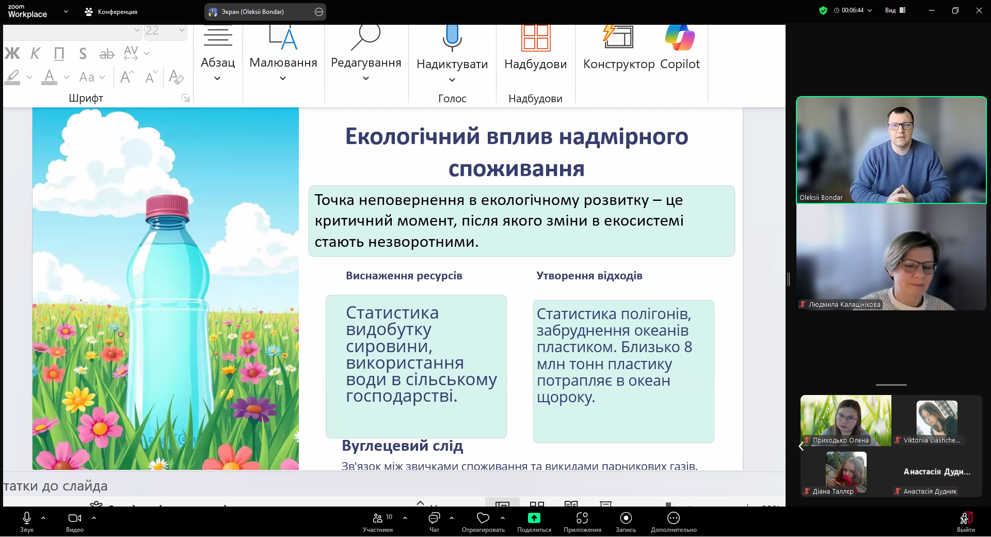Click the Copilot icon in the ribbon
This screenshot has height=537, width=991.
tap(680, 38)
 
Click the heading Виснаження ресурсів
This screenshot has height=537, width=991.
tap(404, 276)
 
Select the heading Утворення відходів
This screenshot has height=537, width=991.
tap(589, 276)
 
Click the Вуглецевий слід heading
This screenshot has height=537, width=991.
tap(402, 446)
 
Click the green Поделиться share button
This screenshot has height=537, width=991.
tap(534, 518)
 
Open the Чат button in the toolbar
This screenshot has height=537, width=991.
tap(434, 518)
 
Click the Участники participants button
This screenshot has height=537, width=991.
tap(378, 518)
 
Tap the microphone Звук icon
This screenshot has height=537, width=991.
tap(27, 517)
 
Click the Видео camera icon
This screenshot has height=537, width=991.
tap(75, 518)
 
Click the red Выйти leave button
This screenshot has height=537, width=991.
tap(966, 518)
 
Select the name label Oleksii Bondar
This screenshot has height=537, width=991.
tap(821, 198)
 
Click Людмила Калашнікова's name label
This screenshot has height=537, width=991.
tap(844, 305)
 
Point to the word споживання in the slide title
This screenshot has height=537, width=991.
tap(516, 169)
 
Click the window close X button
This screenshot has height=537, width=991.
tap(979, 10)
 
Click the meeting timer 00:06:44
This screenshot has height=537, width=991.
tap(852, 10)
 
